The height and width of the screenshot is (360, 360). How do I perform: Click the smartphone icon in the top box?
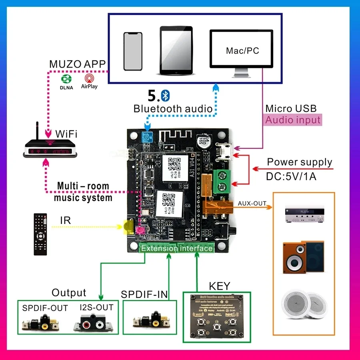[133, 51]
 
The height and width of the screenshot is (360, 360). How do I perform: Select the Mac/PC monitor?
[242, 52]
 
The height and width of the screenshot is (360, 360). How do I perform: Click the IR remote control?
[40, 234]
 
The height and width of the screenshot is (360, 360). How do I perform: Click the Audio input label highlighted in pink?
[293, 120]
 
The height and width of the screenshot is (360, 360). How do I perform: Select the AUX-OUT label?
[252, 203]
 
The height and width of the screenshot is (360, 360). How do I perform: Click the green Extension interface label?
[177, 248]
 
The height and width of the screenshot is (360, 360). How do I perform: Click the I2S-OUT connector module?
[93, 323]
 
